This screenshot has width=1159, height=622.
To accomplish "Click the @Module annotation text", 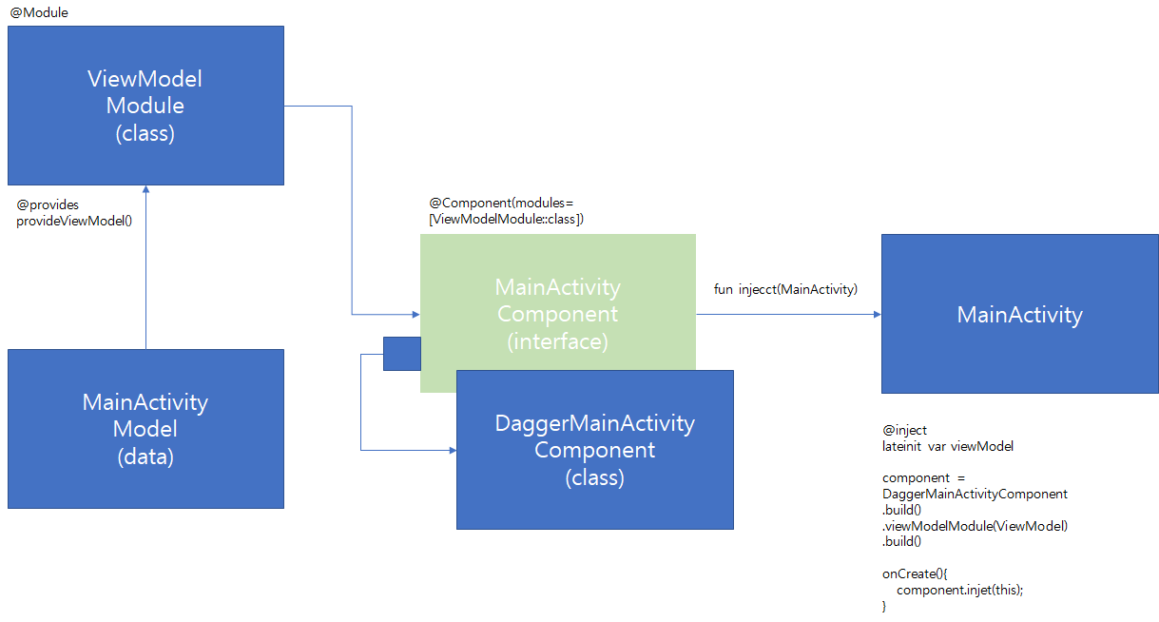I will (39, 12).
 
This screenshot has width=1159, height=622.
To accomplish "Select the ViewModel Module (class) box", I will (145, 105).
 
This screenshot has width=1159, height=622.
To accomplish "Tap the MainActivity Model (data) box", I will (145, 429).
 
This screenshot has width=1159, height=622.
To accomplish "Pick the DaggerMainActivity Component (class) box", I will (594, 450).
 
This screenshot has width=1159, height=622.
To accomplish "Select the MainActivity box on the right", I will (1019, 315).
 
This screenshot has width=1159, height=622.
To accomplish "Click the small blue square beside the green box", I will (401, 354).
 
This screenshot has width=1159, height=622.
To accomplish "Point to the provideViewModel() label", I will (74, 221).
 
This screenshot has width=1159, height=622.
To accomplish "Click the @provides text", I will (48, 204).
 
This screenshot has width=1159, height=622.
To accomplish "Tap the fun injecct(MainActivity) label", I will (785, 289).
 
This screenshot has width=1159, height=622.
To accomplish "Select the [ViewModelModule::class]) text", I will (506, 219).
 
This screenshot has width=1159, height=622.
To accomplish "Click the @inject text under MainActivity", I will (904, 431).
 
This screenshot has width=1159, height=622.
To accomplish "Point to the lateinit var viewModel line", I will (947, 446).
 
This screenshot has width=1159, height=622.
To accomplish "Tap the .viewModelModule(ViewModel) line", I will (975, 526).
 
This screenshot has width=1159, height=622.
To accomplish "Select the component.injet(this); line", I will (959, 590).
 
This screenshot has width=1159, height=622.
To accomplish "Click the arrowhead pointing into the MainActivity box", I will (876, 314).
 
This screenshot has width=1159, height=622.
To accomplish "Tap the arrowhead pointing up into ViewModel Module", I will (145, 191).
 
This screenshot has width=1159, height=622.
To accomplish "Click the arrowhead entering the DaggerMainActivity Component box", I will (451, 450).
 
